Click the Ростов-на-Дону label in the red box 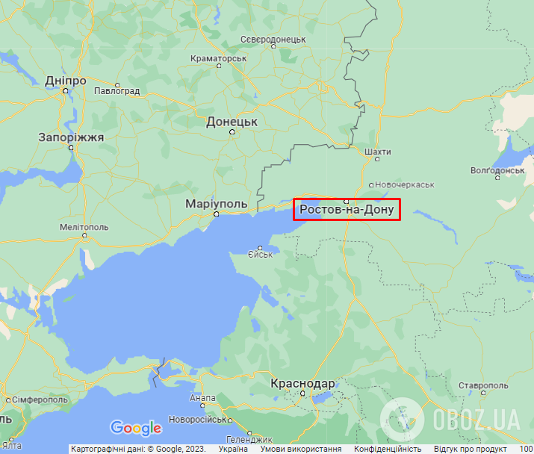pos(347,211)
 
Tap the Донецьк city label pos(232,121)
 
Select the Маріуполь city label pos(217,204)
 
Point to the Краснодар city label pos(302,383)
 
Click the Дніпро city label pos(66,81)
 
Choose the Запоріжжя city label pos(71,137)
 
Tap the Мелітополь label pos(84,227)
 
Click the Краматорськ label pos(218,57)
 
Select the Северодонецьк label pos(274,39)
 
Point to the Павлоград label pos(117,91)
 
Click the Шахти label pos(378,152)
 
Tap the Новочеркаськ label pos(406,184)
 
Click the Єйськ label pos(261,255)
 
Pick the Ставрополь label pos(484,385)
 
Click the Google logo pos(135,428)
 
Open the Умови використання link pos(306,449)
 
